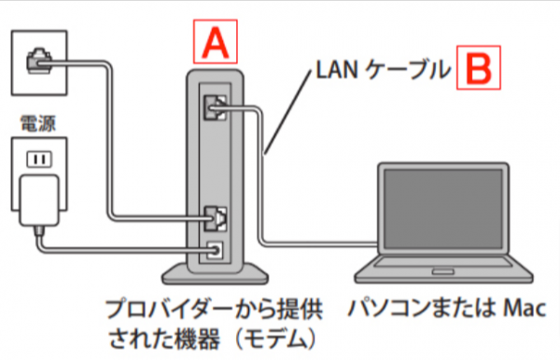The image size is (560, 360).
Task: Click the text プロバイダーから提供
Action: point(207,306)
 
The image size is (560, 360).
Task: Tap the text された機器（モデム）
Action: point(207,334)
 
